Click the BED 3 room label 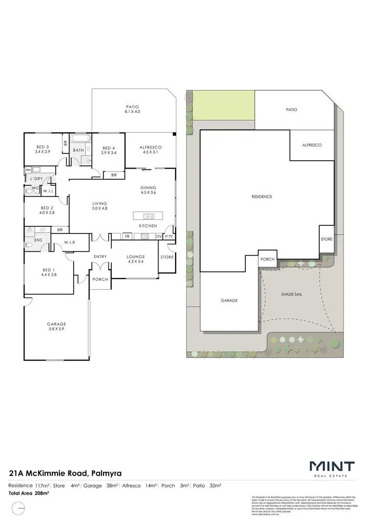42,147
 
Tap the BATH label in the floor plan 78,150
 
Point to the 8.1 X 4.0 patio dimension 132,112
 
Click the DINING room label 148,187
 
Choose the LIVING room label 100,203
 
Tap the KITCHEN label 148,226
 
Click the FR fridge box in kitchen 127,237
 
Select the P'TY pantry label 169,237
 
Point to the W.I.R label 70,240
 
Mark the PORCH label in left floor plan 100,280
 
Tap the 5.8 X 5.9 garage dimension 57,329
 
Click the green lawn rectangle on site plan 224,105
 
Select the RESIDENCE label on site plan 262,196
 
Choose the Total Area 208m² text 30,494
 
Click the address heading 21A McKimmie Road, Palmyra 65,473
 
